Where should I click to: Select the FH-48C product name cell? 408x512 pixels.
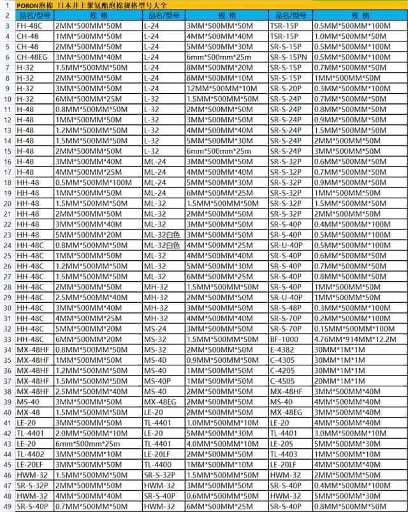pos(29,26)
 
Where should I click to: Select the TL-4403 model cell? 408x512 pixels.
pos(284,453)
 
